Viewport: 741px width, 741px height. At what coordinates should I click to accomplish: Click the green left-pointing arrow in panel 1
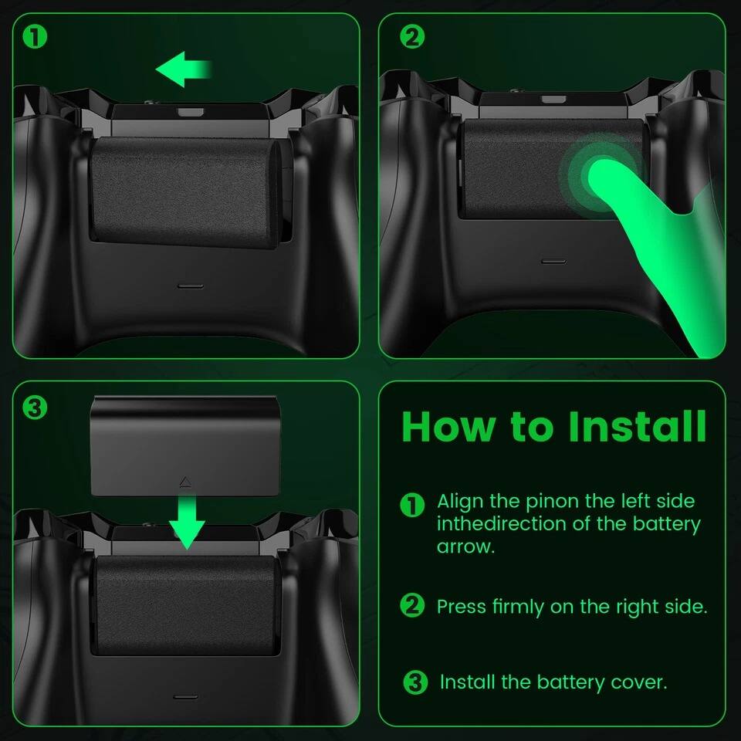pyautogui.click(x=184, y=70)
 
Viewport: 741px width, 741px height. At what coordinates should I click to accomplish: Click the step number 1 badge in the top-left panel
pyautogui.click(x=35, y=36)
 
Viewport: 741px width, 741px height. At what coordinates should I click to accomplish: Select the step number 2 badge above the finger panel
pyautogui.click(x=413, y=36)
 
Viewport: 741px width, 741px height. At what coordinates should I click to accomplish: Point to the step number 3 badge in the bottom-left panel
pyautogui.click(x=35, y=408)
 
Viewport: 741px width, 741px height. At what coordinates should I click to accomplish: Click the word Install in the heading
pyautogui.click(x=637, y=425)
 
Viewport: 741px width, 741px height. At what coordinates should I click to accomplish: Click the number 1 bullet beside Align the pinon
pyautogui.click(x=413, y=505)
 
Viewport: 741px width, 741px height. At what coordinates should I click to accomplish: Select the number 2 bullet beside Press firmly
pyautogui.click(x=413, y=605)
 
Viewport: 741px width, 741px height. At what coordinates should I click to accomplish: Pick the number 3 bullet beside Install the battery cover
pyautogui.click(x=415, y=682)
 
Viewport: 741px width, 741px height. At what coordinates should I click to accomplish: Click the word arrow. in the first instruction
pyautogui.click(x=465, y=546)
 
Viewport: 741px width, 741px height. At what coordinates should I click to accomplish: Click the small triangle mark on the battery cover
pyautogui.click(x=185, y=482)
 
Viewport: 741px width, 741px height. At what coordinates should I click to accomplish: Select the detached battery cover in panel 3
pyautogui.click(x=185, y=446)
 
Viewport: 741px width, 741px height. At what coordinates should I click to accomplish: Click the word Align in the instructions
pyautogui.click(x=461, y=501)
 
